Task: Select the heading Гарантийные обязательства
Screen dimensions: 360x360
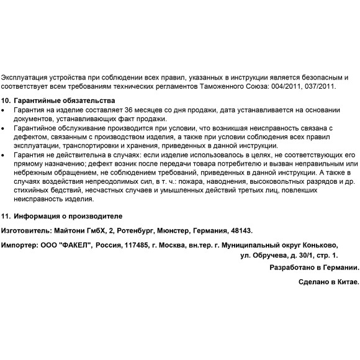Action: click(63, 101)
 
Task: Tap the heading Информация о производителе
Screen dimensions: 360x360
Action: click(68, 216)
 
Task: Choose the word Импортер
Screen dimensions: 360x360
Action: click(19, 245)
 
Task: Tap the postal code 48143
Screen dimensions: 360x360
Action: click(241, 230)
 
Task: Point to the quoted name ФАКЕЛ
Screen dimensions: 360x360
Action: click(74, 245)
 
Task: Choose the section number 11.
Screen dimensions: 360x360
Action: click(6, 216)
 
